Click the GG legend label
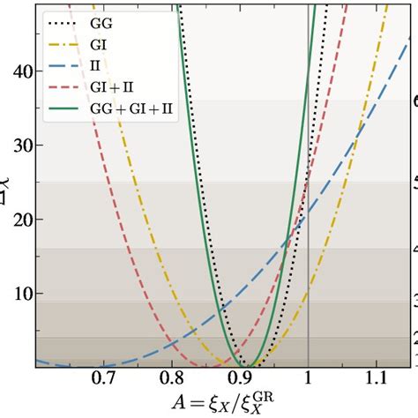coord(101,17)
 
